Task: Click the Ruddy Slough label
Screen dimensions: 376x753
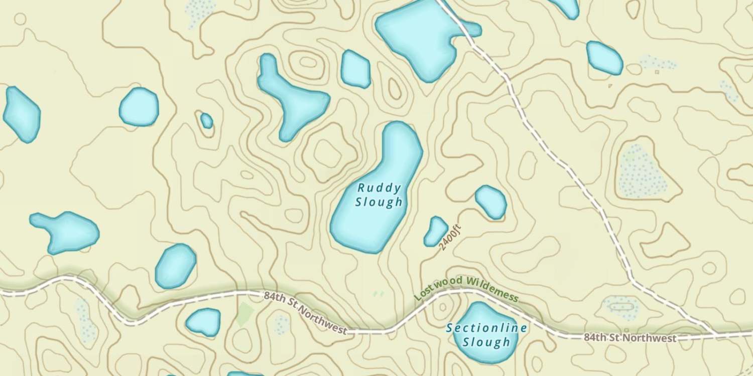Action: tap(379, 195)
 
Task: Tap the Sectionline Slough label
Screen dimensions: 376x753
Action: tap(486, 335)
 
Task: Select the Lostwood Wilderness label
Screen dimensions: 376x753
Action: tap(466, 290)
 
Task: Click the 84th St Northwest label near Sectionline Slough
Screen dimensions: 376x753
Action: tap(630, 338)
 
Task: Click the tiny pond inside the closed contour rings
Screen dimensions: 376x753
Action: tap(206, 120)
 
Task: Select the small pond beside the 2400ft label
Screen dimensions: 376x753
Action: tap(435, 231)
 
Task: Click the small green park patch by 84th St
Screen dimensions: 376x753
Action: tap(244, 314)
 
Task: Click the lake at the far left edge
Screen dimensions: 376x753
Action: tap(21, 114)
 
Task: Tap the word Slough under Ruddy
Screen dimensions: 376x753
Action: tap(379, 202)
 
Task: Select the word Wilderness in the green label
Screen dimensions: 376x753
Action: tap(491, 289)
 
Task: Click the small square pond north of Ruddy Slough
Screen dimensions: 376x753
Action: tap(355, 69)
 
